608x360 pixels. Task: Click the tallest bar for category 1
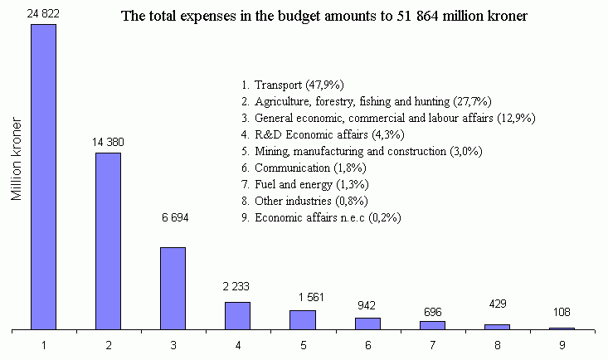44,178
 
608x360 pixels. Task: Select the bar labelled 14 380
109,241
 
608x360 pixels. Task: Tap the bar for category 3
173,289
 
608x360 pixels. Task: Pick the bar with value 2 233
237,316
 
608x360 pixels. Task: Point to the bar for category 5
302,320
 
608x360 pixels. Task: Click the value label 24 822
44,15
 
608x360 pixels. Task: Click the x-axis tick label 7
431,343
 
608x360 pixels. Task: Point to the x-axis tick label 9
561,343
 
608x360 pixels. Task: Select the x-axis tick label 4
237,343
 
